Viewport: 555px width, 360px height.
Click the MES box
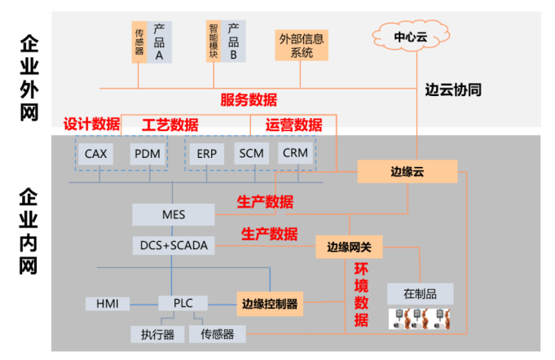174,215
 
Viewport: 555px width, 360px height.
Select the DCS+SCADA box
173,244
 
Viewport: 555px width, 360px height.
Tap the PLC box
183,304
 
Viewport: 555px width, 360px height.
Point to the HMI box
108,304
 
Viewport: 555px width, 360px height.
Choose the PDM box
148,153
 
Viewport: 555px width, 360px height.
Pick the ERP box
206,153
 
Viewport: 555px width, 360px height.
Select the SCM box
251,153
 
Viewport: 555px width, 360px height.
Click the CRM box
294,153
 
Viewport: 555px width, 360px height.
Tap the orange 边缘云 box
407,171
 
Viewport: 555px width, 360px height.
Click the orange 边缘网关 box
349,246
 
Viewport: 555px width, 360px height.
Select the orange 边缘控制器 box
270,304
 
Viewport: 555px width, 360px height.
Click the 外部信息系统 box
302,46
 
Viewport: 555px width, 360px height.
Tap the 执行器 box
156,334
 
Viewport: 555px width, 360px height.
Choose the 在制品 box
420,293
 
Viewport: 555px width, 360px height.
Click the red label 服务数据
249,100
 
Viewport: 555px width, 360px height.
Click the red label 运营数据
293,125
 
